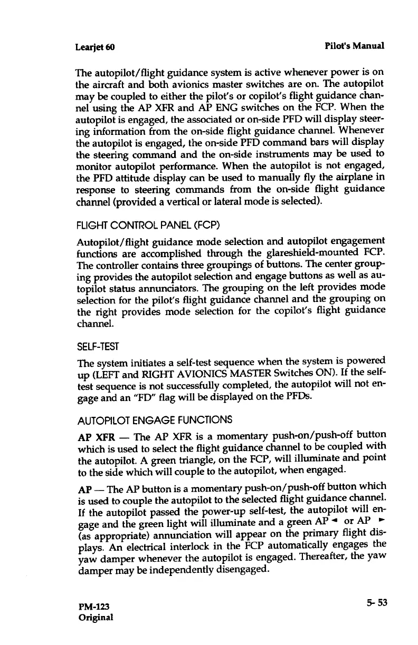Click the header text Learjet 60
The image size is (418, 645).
(96, 46)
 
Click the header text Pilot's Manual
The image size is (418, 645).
(355, 46)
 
